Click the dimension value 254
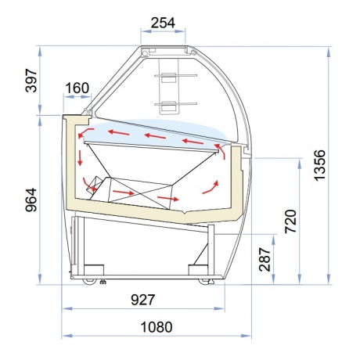(163, 23)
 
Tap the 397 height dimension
(31, 81)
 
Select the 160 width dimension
(77, 88)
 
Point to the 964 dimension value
(31, 200)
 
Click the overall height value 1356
(320, 165)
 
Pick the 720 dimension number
(290, 221)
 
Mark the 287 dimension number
(265, 260)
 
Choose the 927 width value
(143, 300)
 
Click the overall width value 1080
(157, 327)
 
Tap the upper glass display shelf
(175, 76)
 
